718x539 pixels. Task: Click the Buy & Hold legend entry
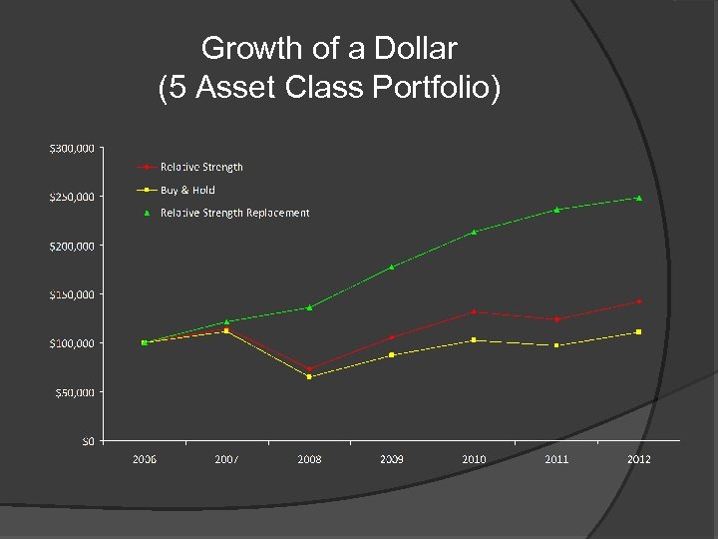[x=187, y=190]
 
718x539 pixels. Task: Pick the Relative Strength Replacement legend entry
[x=234, y=213]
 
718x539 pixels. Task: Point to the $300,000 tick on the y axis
[x=73, y=148]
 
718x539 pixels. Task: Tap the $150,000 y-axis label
[x=73, y=294]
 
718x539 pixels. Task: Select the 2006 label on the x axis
[x=145, y=459]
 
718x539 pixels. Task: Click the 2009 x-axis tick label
[x=391, y=459]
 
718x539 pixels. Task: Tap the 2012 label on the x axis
[x=638, y=459]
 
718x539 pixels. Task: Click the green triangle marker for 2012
[x=639, y=198]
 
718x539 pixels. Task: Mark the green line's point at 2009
[x=392, y=267]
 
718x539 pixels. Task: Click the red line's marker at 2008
[x=309, y=368]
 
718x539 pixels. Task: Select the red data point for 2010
[x=474, y=312]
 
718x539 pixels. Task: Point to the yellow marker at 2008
[x=309, y=377]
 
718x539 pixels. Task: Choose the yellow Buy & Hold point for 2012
[x=639, y=331]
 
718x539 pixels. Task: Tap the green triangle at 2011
[x=556, y=210]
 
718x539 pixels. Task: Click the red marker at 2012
[x=639, y=301]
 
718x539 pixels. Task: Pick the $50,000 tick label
[x=75, y=392]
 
